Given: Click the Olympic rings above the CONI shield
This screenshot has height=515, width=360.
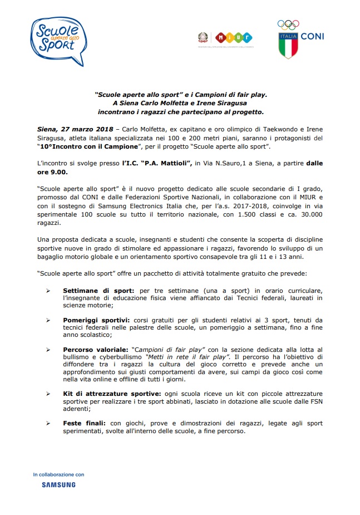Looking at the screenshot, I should click(x=288, y=24).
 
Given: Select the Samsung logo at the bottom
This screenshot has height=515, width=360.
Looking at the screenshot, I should click(x=58, y=485).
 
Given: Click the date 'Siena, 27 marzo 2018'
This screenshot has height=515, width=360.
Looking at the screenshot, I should click(x=75, y=129).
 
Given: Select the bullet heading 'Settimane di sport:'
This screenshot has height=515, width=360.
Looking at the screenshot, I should click(x=98, y=290).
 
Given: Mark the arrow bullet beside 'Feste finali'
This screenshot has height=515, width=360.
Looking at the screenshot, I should click(x=48, y=423).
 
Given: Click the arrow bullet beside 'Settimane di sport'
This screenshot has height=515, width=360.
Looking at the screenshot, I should click(x=48, y=290).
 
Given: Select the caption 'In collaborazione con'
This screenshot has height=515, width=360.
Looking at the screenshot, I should click(x=58, y=474).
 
